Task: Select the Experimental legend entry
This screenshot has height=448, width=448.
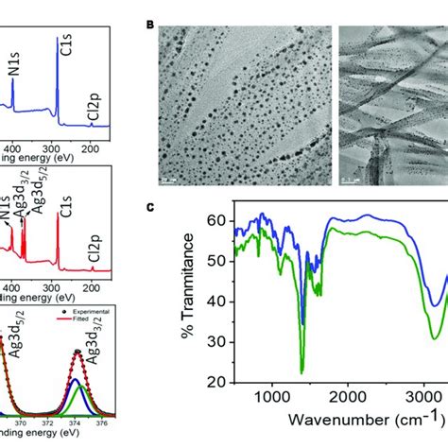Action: coord(90,311)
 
